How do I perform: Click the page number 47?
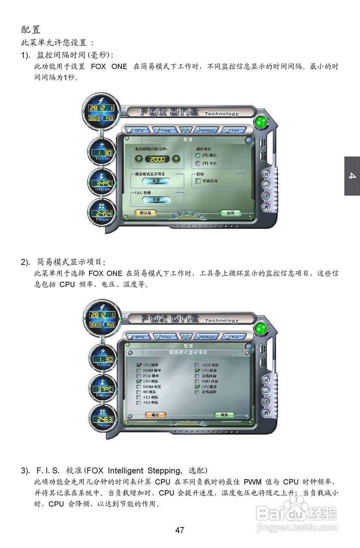point(180,530)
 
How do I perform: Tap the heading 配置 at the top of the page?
point(31,30)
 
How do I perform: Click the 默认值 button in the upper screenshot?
point(146,213)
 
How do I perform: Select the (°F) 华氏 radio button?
point(198,164)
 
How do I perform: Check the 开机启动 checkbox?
point(198,181)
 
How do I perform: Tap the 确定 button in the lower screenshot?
point(155,415)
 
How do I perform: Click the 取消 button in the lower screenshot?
point(224,415)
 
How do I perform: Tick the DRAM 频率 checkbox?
point(139,370)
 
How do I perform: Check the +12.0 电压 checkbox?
point(197,365)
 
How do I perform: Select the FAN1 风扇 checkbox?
point(197,381)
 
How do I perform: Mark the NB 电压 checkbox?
point(139,392)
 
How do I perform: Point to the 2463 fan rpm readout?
point(102,420)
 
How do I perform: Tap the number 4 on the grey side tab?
point(352,176)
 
